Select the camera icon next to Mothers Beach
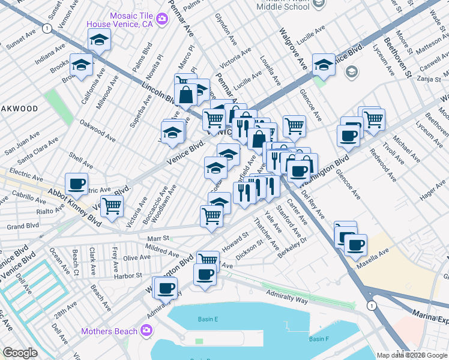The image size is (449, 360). pos(146,330)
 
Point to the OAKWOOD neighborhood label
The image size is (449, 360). pos(19,109)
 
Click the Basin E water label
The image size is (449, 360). pos(208,319)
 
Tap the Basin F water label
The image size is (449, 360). pos(318,339)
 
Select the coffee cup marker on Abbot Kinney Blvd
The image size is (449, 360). pos(76,184)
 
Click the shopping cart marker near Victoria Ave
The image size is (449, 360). pos(112,206)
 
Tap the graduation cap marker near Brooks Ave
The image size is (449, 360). pos(80,64)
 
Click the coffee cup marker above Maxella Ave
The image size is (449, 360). pos(355,244)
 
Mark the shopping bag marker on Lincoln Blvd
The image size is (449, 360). pos(187,94)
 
